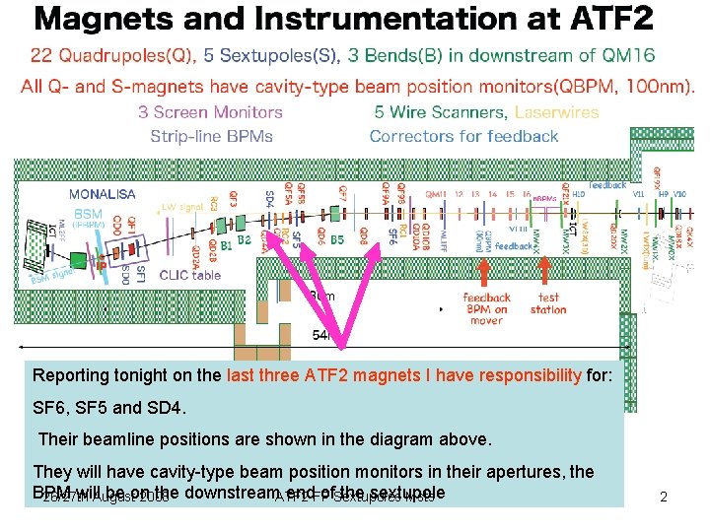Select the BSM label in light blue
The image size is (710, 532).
(88, 213)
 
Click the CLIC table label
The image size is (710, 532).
(190, 275)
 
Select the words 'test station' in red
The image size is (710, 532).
(548, 302)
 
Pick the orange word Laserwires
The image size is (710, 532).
(556, 112)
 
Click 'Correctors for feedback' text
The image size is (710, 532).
(463, 136)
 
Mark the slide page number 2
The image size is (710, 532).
(664, 498)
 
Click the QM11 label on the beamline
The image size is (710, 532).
(435, 194)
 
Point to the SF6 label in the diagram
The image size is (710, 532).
(392, 234)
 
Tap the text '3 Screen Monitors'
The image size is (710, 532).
(210, 112)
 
